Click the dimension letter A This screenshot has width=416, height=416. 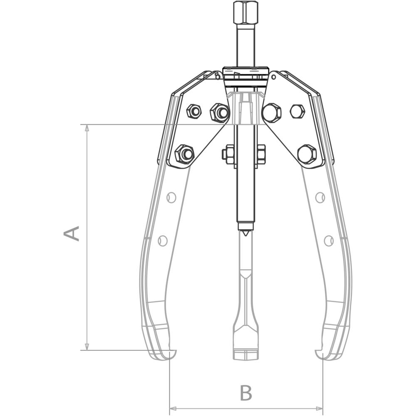[x=72, y=233]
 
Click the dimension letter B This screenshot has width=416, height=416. [x=246, y=393]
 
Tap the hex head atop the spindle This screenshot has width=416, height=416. [x=246, y=12]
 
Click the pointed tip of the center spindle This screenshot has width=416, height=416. [x=246, y=235]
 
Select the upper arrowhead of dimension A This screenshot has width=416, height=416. [x=87, y=128]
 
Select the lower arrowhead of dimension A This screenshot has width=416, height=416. [x=87, y=347]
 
